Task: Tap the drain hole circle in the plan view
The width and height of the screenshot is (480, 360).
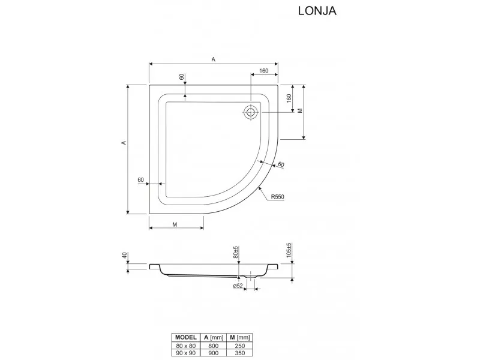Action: point(251,112)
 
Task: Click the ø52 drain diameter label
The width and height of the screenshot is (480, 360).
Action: point(238,286)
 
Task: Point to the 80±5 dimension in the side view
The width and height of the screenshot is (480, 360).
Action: point(236,253)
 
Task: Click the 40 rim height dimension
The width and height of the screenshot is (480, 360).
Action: point(124,256)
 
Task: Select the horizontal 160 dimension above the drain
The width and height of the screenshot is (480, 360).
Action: point(263,71)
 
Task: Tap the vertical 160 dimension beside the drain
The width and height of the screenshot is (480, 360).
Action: point(289,98)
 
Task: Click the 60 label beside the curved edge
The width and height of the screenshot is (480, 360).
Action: point(280,165)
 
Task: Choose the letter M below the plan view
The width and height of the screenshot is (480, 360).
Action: point(175,224)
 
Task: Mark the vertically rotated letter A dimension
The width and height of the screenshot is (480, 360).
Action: point(124,143)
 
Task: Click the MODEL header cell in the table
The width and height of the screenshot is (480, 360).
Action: point(185,337)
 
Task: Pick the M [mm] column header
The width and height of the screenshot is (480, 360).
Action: point(241,337)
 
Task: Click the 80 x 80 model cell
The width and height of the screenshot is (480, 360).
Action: point(185,346)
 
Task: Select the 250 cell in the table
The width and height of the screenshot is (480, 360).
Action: point(241,346)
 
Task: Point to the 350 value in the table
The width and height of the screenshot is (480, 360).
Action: point(241,354)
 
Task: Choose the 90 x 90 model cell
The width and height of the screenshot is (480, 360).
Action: point(185,354)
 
